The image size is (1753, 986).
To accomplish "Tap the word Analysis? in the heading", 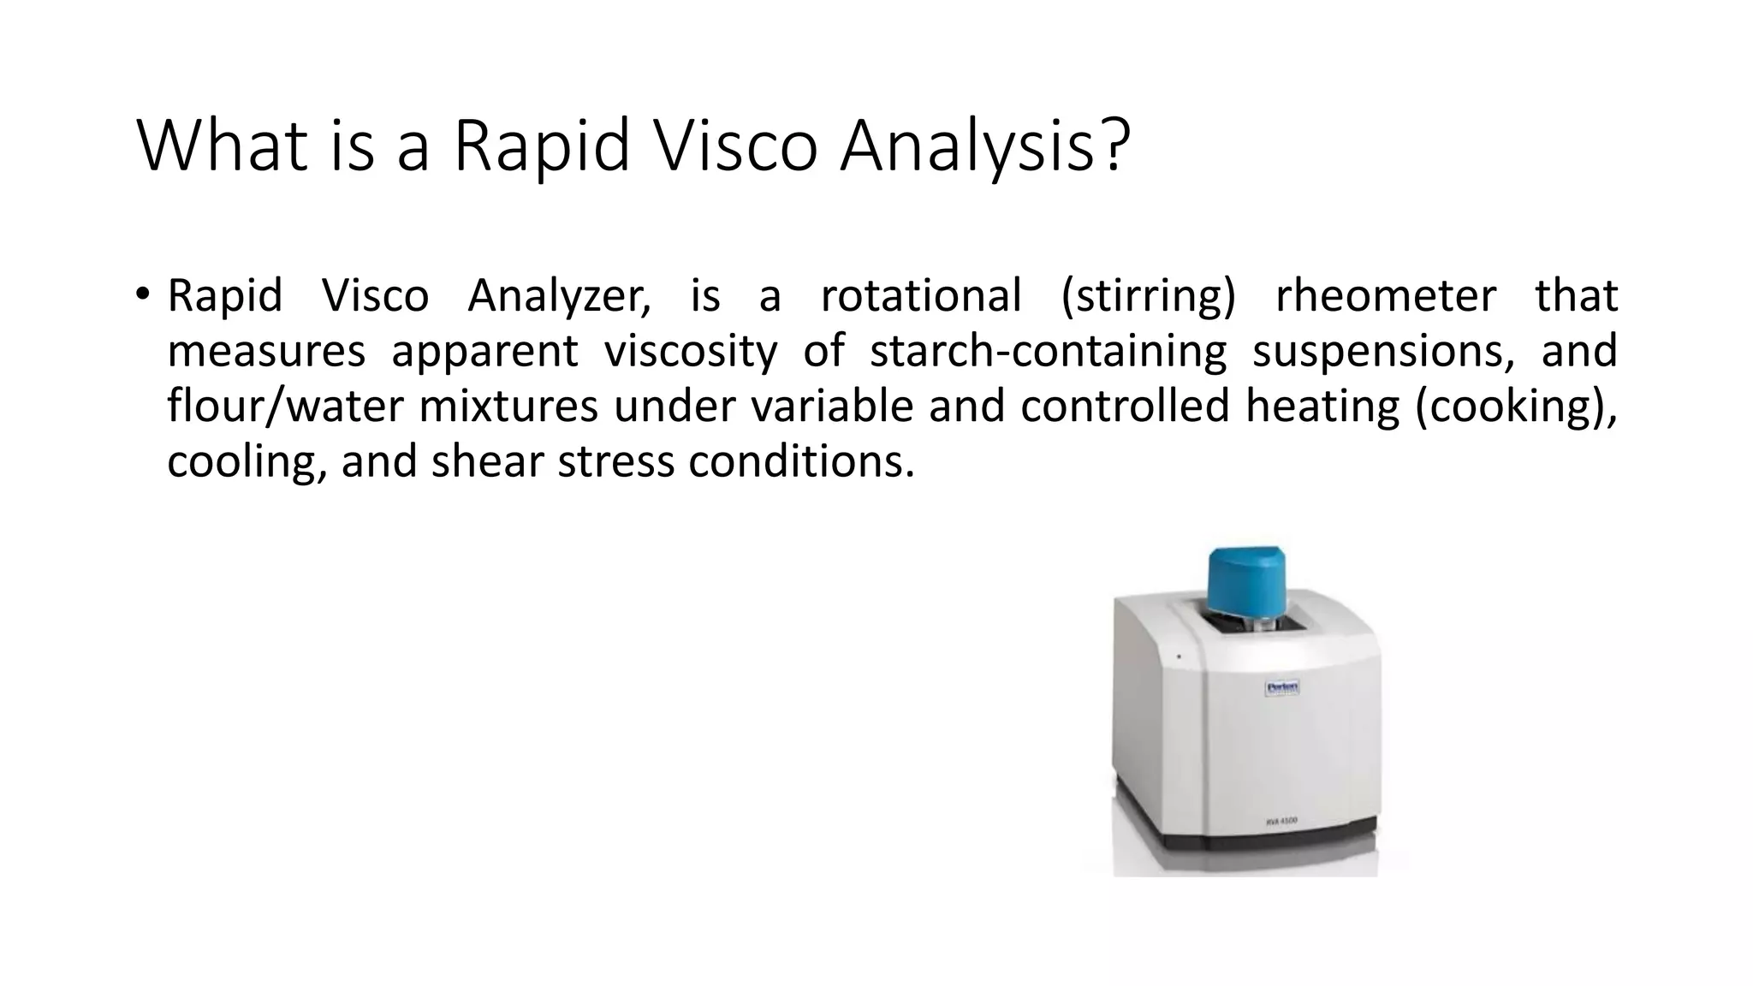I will click(x=985, y=146).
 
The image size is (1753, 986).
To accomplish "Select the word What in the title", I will click(x=221, y=146).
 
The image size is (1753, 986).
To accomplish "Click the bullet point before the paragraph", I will click(x=142, y=294).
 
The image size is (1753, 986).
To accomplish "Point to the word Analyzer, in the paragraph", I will click(x=559, y=296).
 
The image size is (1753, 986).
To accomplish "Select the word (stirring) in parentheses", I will click(x=1148, y=296).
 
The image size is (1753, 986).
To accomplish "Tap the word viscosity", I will click(x=691, y=351).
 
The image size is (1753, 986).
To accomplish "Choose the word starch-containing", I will click(x=1048, y=351).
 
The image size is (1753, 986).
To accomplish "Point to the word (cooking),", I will click(x=1516, y=406).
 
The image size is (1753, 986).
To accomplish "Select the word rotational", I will click(x=921, y=296).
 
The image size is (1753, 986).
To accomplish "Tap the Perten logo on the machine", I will click(x=1282, y=687).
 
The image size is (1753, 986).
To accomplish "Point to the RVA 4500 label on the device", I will click(x=1281, y=821).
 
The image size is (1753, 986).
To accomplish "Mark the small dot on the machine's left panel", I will click(x=1179, y=657).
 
